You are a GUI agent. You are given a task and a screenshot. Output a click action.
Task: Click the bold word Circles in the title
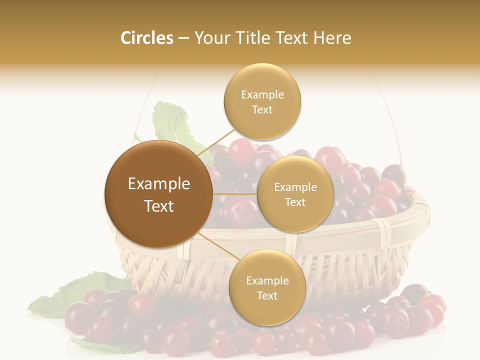point(146,38)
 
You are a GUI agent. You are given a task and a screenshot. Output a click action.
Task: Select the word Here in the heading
point(332,38)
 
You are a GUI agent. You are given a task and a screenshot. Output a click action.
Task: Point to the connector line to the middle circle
point(235,194)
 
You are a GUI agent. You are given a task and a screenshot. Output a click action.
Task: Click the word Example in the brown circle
point(159,184)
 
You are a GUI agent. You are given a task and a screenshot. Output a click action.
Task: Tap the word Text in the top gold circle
point(262,110)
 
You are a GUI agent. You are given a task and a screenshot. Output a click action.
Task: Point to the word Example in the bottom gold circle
point(267,280)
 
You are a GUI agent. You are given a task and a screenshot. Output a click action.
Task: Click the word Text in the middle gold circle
point(295,202)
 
